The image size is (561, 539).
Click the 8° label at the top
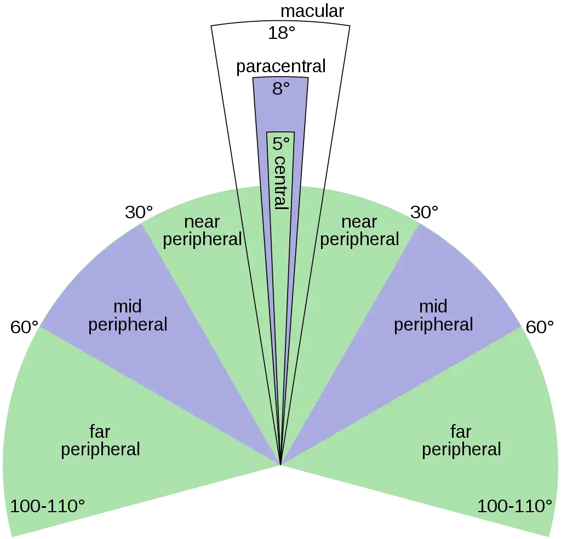click(x=280, y=88)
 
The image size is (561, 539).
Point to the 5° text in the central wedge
click(x=280, y=144)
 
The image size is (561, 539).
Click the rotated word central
click(x=280, y=182)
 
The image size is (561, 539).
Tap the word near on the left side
click(x=202, y=222)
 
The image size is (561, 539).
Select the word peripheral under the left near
click(x=202, y=239)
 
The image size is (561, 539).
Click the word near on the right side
click(x=359, y=222)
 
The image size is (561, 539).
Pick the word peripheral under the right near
click(x=359, y=239)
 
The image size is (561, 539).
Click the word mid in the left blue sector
click(x=128, y=306)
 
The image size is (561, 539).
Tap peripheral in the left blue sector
click(x=128, y=324)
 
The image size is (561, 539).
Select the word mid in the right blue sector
click(x=433, y=306)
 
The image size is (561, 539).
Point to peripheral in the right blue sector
click(x=433, y=324)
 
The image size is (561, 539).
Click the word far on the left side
click(x=100, y=432)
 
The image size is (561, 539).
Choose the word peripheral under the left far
click(x=100, y=449)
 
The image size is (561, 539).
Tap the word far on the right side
click(x=461, y=432)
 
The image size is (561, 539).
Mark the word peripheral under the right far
click(x=461, y=449)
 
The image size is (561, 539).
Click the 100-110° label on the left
click(x=47, y=506)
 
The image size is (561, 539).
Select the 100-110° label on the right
click(x=514, y=506)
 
